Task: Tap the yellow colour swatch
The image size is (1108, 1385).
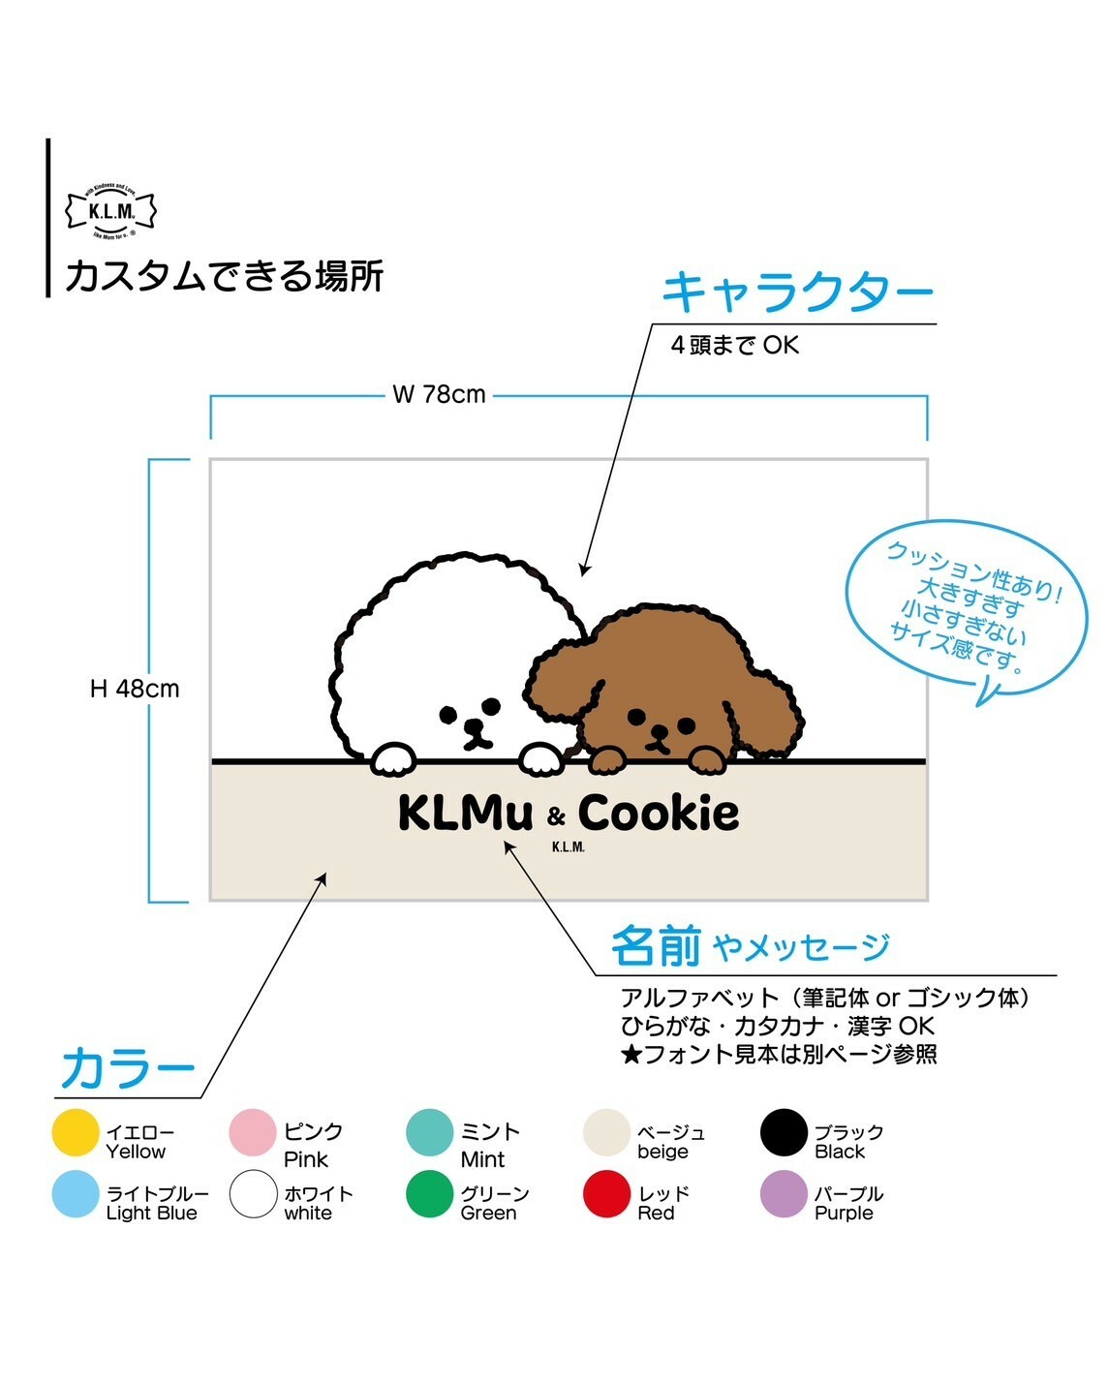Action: click(x=76, y=1133)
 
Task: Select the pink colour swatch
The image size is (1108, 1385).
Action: click(x=253, y=1133)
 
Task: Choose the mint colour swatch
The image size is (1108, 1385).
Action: click(x=429, y=1133)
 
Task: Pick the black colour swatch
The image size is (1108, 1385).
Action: click(x=784, y=1133)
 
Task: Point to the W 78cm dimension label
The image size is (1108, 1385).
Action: click(x=439, y=395)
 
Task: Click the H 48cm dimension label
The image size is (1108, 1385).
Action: click(x=135, y=689)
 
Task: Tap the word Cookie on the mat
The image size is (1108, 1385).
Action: click(x=659, y=814)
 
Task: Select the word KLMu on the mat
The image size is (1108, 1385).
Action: click(x=465, y=814)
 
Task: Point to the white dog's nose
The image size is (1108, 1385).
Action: click(x=474, y=727)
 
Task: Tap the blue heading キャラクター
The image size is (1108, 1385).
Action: click(x=797, y=291)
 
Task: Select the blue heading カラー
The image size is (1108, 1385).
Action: click(x=128, y=1069)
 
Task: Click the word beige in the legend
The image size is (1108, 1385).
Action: click(x=662, y=1152)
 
